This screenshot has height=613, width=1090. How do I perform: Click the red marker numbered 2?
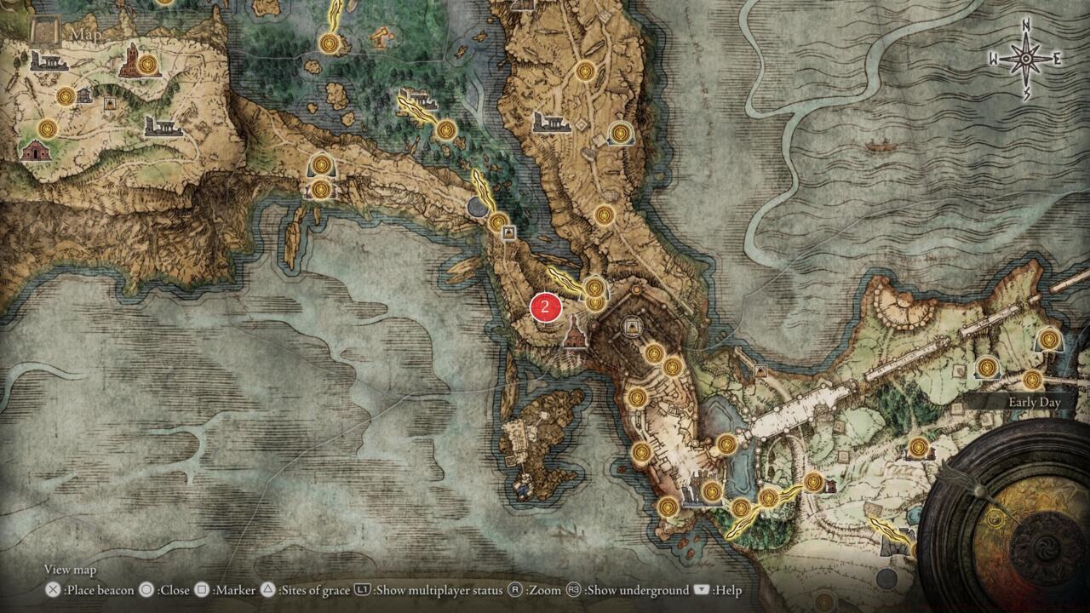[544, 307]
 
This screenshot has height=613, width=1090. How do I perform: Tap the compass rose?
[1025, 59]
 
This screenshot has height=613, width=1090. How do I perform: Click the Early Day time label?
[1034, 403]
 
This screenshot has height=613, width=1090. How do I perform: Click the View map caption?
[70, 570]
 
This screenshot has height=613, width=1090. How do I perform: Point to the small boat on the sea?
[882, 146]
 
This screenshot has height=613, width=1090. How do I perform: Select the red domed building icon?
[34, 151]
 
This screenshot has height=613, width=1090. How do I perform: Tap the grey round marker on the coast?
[479, 206]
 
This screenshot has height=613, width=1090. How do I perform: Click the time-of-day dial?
[1013, 519]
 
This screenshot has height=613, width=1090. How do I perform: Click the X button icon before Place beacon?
[53, 590]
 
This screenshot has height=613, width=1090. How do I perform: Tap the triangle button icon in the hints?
[267, 590]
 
